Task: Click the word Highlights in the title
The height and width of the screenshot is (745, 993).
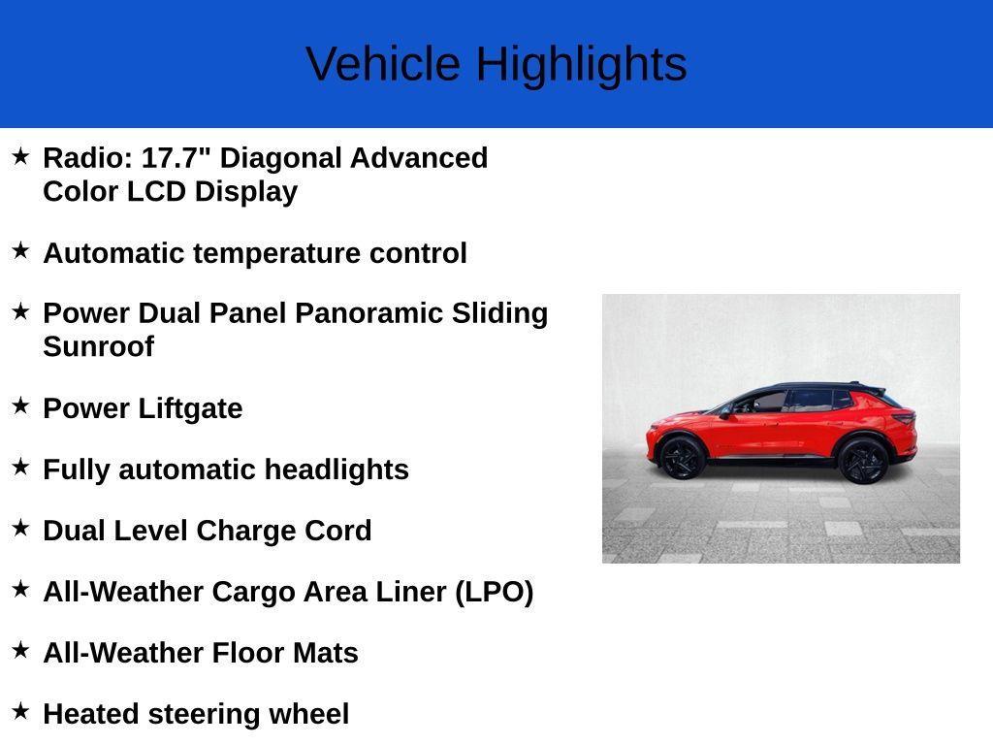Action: pyautogui.click(x=581, y=64)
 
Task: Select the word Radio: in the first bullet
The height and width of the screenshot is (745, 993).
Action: pyautogui.click(x=88, y=158)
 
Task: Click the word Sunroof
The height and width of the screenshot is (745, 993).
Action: pyautogui.click(x=98, y=346)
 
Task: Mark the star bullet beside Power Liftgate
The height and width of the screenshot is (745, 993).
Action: pyautogui.click(x=20, y=405)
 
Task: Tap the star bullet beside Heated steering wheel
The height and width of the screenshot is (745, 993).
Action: pyautogui.click(x=20, y=711)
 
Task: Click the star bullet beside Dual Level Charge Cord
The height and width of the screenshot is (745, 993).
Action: pyautogui.click(x=20, y=528)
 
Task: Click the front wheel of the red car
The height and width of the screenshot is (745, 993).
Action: pyautogui.click(x=681, y=457)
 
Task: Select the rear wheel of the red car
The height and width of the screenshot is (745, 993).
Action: pyautogui.click(x=862, y=460)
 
